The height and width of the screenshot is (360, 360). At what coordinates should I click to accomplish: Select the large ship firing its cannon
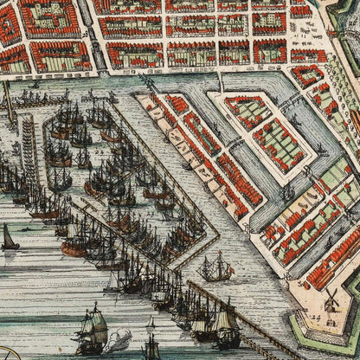click(90, 330)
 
